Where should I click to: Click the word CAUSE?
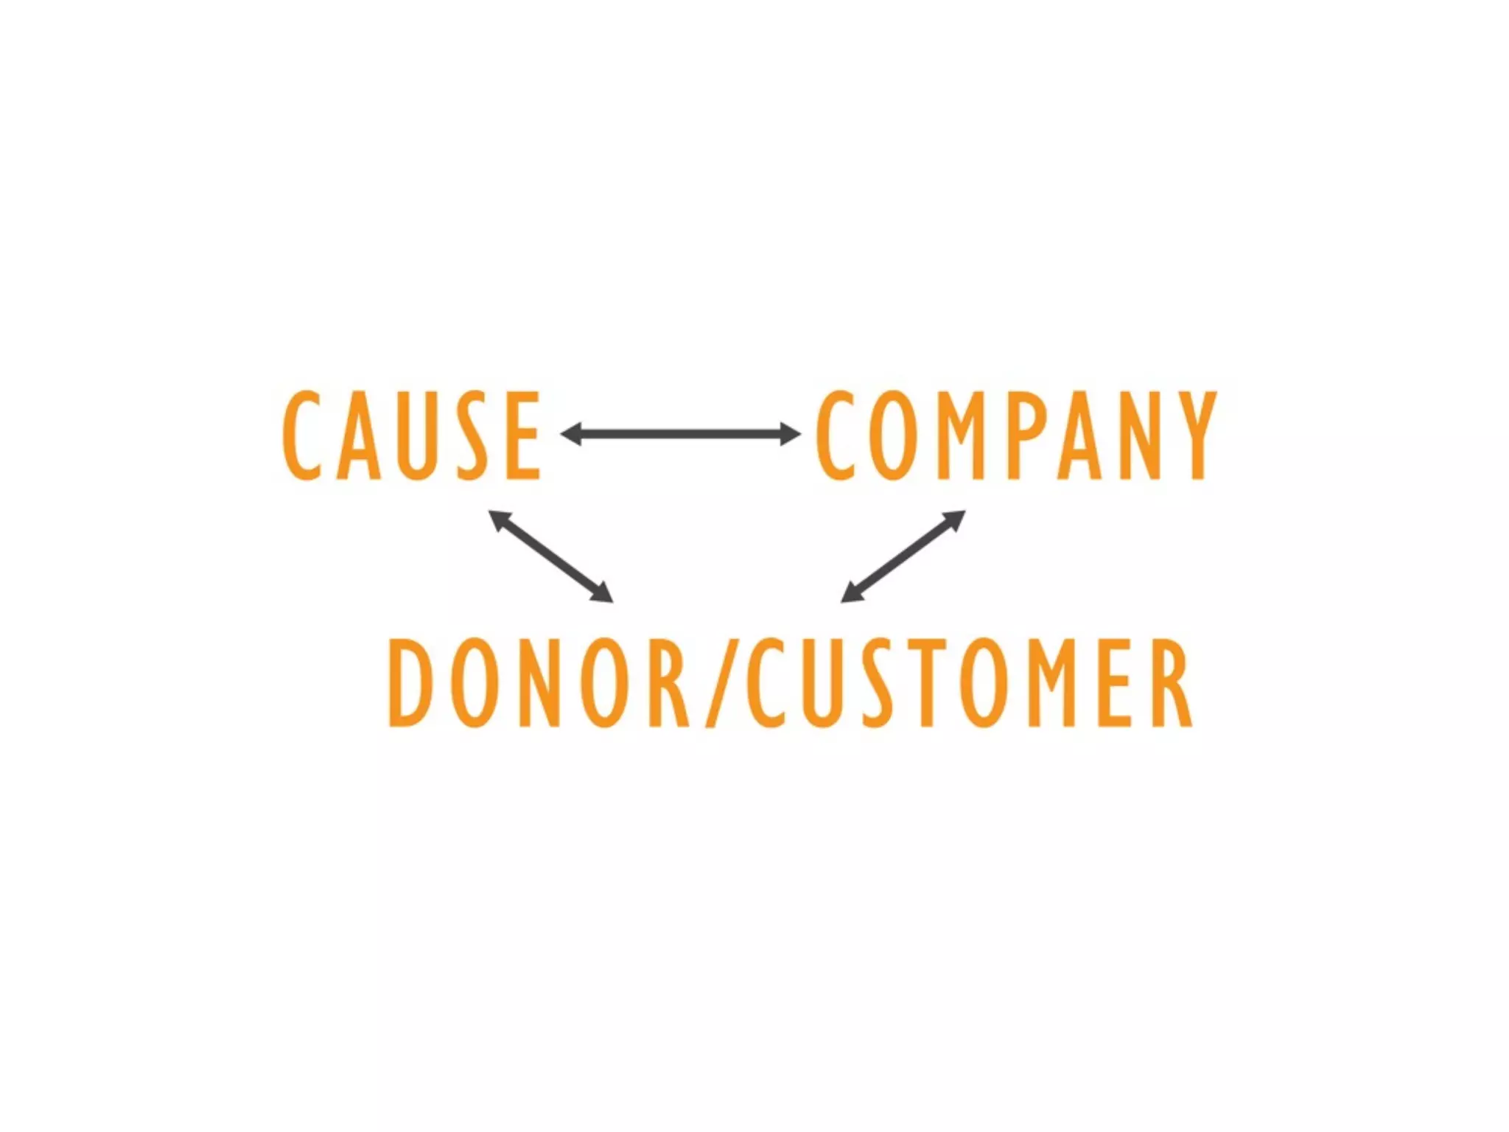pos(413,436)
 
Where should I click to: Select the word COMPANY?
pos(1016,436)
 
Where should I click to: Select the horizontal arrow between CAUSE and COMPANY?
pos(680,434)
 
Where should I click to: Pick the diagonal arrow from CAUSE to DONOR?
pos(550,556)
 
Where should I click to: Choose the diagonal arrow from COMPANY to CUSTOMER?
pos(903,556)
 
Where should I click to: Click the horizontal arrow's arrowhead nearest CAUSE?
pos(570,434)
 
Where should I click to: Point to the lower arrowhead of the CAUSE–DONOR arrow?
pos(603,593)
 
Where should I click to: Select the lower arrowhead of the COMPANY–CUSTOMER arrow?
pos(852,593)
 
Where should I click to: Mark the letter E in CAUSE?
pos(525,436)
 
